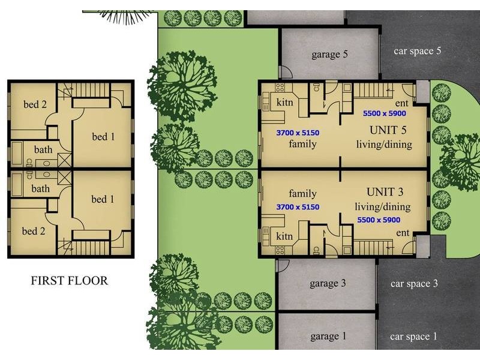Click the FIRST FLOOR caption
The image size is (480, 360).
70,281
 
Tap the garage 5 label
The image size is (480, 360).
329,55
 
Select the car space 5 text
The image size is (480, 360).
418,51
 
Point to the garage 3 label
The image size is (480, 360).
328,284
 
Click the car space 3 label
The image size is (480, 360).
415,284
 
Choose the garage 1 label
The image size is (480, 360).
328,337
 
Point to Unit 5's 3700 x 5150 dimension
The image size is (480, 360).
298,132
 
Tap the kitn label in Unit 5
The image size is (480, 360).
284,103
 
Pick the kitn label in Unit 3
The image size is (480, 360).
284,236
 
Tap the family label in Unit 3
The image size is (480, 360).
302,194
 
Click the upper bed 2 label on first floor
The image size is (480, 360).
35,104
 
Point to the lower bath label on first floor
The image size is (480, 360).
41,188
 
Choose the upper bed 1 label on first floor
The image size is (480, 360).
103,137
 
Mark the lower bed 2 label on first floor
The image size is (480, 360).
34,231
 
